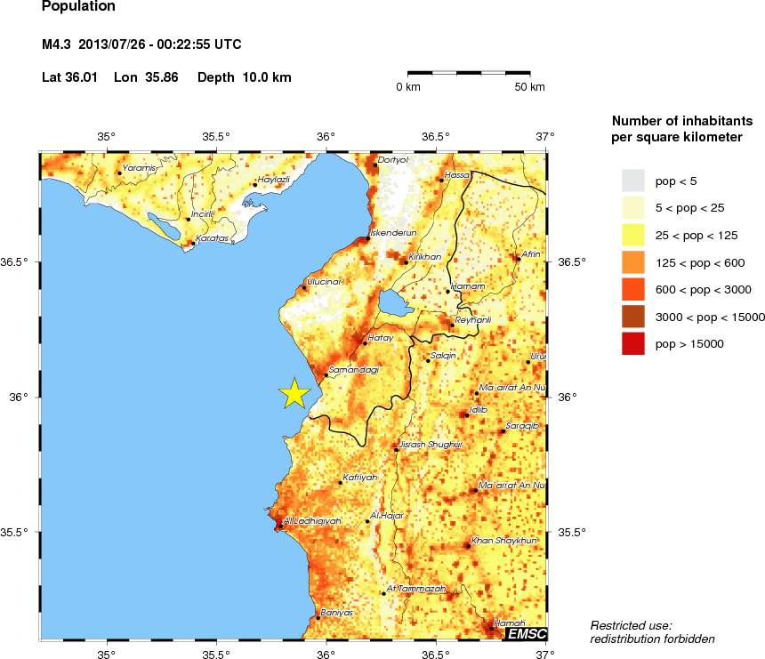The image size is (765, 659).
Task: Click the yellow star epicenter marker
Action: click(x=294, y=393)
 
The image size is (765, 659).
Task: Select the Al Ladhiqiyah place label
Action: click(x=311, y=521)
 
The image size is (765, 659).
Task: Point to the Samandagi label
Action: click(x=354, y=369)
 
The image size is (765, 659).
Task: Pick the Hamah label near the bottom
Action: click(x=510, y=623)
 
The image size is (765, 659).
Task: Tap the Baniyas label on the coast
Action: click(x=337, y=613)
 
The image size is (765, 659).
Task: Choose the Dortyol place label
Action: click(x=392, y=160)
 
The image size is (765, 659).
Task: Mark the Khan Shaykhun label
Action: click(x=504, y=540)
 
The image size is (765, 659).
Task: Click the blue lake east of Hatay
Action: click(x=391, y=301)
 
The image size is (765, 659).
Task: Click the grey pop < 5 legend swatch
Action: click(x=632, y=181)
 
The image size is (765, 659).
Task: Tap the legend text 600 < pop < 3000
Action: click(x=690, y=290)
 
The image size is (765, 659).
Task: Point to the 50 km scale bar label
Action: click(x=531, y=87)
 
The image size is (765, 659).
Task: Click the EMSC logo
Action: click(x=526, y=634)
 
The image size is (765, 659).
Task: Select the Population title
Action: click(x=78, y=6)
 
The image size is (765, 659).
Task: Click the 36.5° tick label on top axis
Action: click(x=436, y=136)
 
